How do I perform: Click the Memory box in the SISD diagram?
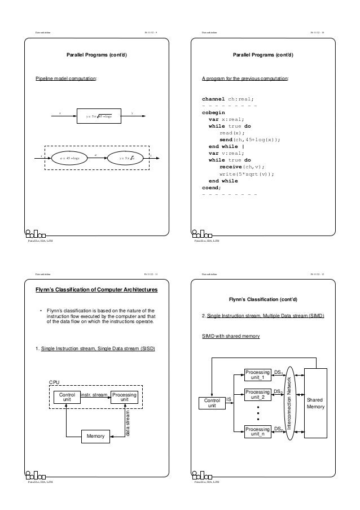point(95,436)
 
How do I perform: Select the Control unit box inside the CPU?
point(66,398)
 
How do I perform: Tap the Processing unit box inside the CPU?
point(125,398)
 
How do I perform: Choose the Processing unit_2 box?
point(257,394)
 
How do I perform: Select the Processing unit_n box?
point(257,431)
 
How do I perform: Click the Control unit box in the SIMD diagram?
point(212,403)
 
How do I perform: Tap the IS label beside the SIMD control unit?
point(228,400)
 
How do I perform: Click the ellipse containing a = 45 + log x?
point(69,159)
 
